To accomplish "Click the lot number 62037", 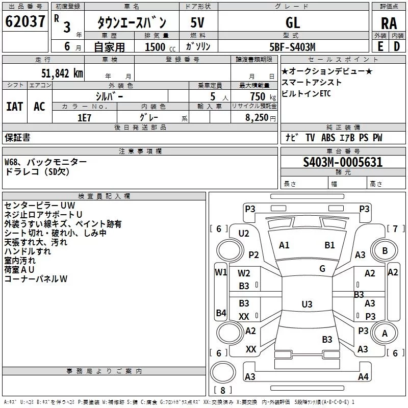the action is [25, 21].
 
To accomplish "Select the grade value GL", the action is [293, 22].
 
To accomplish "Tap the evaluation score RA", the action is [389, 23].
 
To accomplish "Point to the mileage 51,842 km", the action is [62, 73].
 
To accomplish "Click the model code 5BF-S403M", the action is [292, 47].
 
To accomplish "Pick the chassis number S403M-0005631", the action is [343, 162].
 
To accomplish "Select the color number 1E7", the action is [84, 118].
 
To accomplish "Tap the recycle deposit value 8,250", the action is [257, 118].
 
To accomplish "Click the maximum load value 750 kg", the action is [263, 97].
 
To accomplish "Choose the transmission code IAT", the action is [15, 107].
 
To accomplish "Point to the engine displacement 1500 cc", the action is [160, 47].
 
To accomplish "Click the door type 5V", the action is [197, 22].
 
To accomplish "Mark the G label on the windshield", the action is [322, 269].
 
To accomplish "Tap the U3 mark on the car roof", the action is [307, 304].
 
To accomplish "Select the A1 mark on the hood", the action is [284, 245].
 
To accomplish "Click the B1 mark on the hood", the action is [329, 245].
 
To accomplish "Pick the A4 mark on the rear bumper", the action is [363, 376].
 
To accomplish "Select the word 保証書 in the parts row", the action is [17, 138].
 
